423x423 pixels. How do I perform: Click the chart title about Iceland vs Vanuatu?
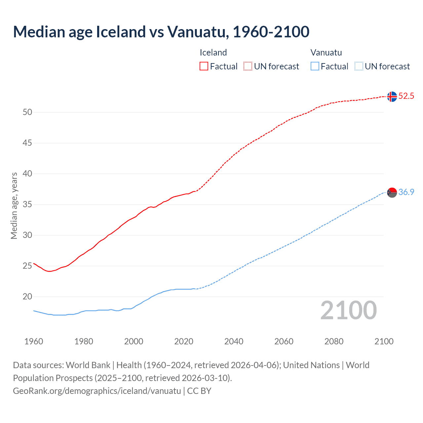tap(161, 32)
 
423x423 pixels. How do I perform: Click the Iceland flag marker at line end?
tap(392, 96)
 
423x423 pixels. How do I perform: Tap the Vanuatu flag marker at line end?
tap(392, 192)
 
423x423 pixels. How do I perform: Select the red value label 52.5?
tap(406, 96)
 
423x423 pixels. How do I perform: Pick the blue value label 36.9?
tap(406, 192)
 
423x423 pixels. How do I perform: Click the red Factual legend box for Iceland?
tap(204, 66)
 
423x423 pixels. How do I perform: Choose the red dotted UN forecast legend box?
tap(248, 66)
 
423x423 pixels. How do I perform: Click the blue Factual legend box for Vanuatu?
tap(315, 66)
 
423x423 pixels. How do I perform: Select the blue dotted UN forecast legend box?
tap(359, 66)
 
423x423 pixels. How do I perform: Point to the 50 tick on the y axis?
tap(27, 112)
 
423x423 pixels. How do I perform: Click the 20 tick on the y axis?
tap(27, 297)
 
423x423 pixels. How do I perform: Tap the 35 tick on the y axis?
tap(27, 205)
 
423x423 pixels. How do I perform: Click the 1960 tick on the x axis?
tap(34, 341)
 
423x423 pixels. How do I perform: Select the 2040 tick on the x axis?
tap(234, 341)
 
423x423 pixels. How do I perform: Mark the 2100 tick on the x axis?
tap(384, 341)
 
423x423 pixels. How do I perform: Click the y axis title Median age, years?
tap(14, 206)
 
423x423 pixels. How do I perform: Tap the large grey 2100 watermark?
tap(348, 310)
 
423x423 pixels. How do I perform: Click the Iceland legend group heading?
tap(213, 53)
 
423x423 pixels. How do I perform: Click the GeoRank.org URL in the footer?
tap(97, 391)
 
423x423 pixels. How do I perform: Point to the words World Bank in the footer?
tap(88, 365)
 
